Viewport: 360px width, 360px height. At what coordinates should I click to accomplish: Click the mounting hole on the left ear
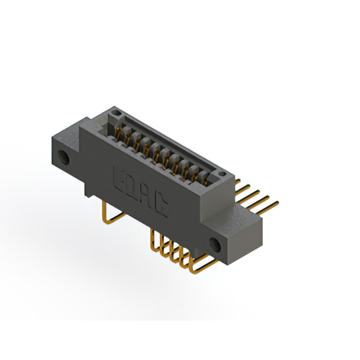(x=64, y=157)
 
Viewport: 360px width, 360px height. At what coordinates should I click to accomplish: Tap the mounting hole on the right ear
(x=215, y=245)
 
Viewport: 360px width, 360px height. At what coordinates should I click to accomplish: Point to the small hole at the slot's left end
(x=115, y=112)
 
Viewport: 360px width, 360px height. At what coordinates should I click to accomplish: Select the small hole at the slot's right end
(x=221, y=174)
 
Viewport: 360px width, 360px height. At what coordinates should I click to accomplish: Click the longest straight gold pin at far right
(x=267, y=209)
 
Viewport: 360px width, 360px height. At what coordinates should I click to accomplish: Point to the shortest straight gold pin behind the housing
(x=238, y=181)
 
